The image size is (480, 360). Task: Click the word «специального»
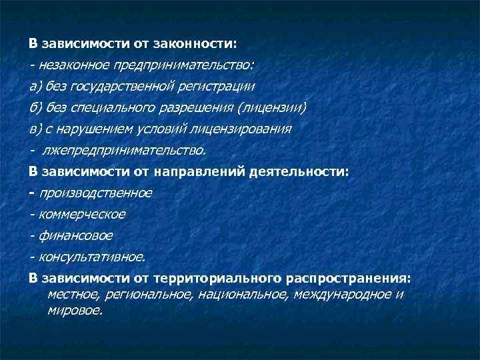coord(115,107)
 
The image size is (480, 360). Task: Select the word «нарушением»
coord(96,129)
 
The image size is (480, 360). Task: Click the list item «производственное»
coord(95,193)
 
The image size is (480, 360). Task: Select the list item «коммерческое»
coord(82,214)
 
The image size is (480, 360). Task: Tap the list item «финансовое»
coord(76,235)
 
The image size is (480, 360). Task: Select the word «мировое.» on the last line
coord(75,310)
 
